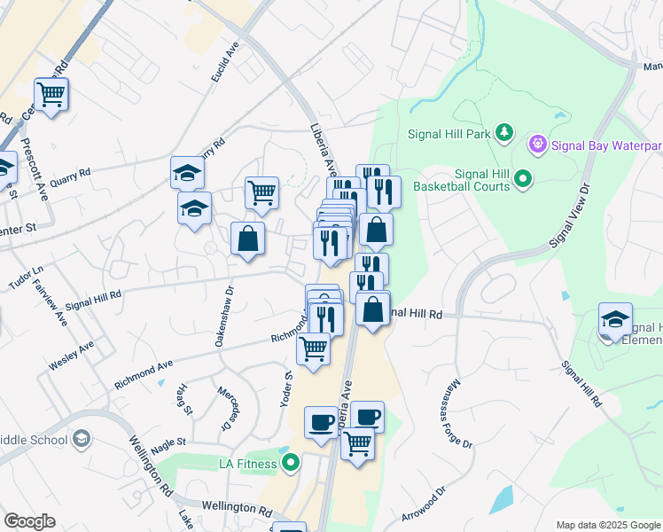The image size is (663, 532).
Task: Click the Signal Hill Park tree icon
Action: point(504,133)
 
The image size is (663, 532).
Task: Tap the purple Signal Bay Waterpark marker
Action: point(536,144)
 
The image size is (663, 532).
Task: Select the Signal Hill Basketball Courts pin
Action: point(523,180)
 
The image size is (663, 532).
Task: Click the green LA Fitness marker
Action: point(290,463)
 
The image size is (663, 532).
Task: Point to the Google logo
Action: point(29,521)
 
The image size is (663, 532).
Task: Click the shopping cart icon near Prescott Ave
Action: point(51,94)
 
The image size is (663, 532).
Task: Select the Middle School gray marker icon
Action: point(82,438)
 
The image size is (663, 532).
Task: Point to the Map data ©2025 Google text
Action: point(609,525)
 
